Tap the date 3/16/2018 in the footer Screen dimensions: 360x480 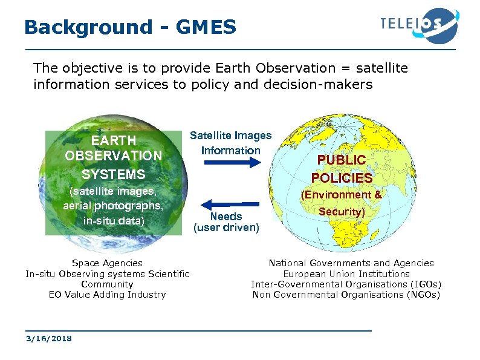(48, 339)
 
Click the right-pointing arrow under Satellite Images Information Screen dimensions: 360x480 (230, 163)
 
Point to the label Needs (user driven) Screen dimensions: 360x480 (226, 222)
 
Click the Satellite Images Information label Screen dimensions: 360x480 (230, 143)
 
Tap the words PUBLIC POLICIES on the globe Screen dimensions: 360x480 (342, 169)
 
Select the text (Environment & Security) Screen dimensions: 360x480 (342, 203)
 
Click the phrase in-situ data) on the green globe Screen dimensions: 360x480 (114, 220)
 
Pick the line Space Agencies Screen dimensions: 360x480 (107, 263)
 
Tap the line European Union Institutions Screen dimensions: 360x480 (346, 274)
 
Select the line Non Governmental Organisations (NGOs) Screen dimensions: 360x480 (346, 295)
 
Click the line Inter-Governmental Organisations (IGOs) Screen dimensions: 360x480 (346, 284)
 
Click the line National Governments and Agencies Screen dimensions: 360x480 (351, 263)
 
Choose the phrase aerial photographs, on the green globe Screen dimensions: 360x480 (114, 206)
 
